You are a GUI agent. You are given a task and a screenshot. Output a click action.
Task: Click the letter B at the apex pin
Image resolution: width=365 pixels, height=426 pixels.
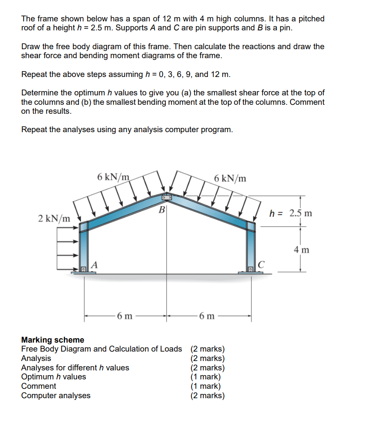(162, 210)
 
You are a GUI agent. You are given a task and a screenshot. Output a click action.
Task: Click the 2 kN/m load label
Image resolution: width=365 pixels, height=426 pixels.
(54, 219)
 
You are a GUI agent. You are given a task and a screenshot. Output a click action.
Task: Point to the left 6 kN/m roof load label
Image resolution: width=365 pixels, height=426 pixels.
(113, 177)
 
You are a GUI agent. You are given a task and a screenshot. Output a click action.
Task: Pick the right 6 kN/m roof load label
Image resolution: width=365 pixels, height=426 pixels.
(230, 178)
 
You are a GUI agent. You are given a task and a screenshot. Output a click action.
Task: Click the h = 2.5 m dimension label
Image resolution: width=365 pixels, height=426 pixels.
(290, 213)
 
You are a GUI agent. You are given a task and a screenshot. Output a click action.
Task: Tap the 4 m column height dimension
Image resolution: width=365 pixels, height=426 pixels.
(302, 249)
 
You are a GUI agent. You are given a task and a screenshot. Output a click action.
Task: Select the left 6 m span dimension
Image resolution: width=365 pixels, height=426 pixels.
(125, 317)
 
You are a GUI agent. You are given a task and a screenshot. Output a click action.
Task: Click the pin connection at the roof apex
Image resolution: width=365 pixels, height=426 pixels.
(167, 198)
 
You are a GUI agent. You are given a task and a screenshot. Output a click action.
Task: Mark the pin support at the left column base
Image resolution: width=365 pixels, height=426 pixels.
(84, 269)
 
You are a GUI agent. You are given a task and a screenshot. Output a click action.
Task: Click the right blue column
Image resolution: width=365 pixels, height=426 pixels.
(251, 248)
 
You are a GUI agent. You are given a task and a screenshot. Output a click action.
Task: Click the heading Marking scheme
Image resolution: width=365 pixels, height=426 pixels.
(53, 340)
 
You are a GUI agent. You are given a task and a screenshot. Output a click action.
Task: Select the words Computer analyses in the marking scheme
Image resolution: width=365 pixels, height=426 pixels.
(56, 396)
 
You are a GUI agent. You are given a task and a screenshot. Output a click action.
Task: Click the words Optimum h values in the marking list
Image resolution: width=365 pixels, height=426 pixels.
(54, 377)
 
